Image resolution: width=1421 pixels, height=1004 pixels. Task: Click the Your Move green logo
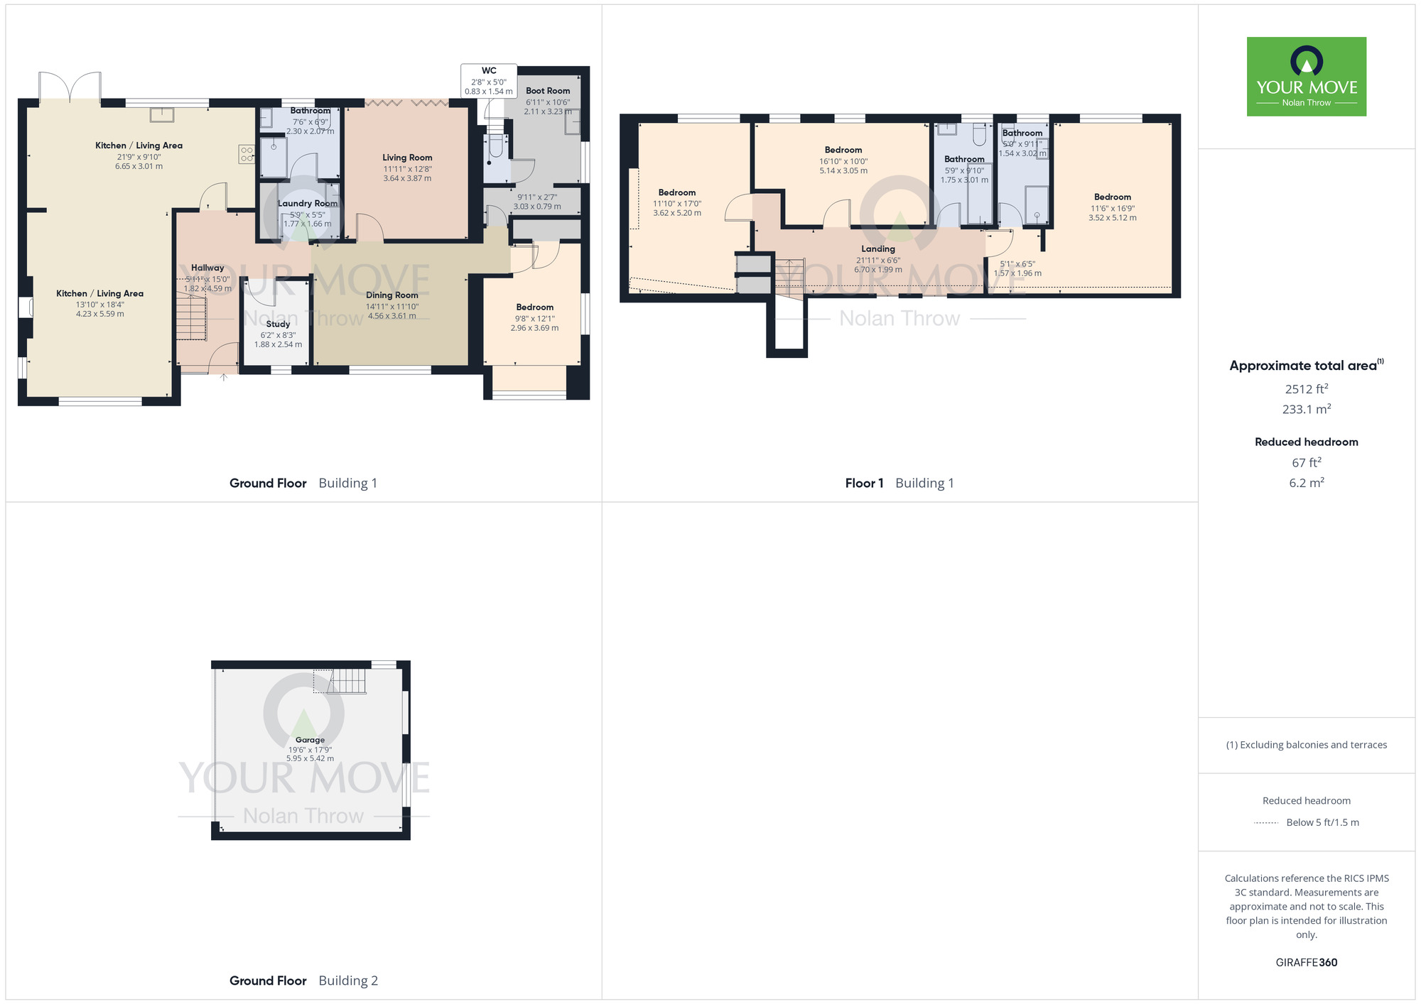[1306, 77]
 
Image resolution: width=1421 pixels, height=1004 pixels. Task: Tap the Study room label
[278, 324]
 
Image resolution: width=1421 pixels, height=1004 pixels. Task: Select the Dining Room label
[392, 295]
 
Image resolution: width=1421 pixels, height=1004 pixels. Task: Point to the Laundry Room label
[307, 203]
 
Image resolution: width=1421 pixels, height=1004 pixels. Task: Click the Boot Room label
[548, 91]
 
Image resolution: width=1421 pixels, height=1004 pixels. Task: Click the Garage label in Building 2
[310, 740]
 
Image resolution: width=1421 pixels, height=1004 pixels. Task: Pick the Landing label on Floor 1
[877, 249]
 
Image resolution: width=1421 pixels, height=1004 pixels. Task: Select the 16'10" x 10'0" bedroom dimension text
[843, 161]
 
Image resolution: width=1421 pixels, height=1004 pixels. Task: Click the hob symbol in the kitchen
[247, 154]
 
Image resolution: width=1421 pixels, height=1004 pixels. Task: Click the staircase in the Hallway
[191, 318]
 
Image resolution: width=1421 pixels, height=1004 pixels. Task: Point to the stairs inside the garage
[347, 682]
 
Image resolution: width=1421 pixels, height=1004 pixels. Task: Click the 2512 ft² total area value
[1306, 389]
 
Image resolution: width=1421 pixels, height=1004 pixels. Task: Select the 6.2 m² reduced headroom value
[1306, 483]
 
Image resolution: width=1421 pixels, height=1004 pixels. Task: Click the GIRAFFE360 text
[1306, 963]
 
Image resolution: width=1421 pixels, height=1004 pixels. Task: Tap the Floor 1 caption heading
[864, 484]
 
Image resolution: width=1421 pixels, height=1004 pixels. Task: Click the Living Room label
[407, 158]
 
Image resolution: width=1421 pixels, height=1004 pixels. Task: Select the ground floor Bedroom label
[534, 307]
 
